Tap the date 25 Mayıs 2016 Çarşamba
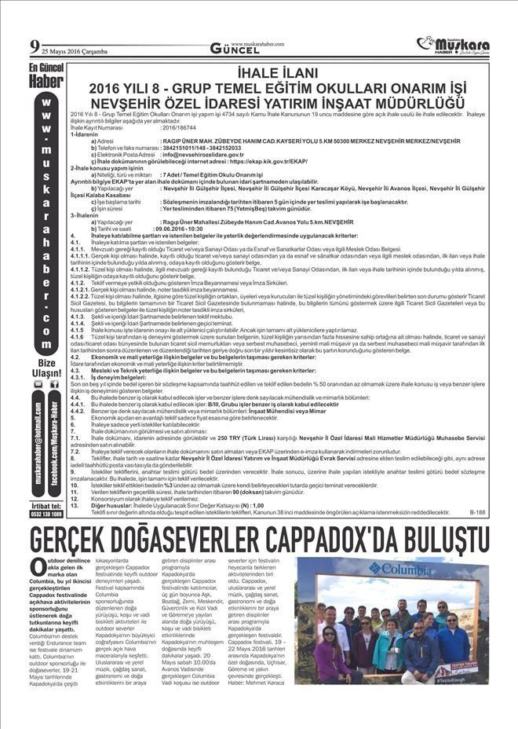68,51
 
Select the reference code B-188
478,511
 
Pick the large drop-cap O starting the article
38,567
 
